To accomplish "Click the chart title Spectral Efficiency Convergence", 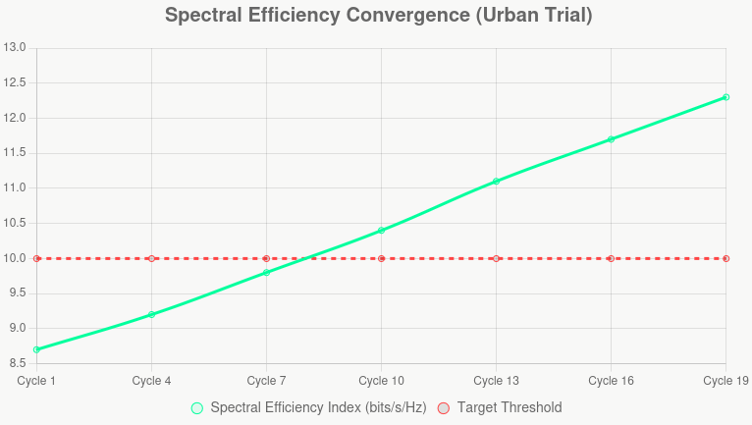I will [x=378, y=16].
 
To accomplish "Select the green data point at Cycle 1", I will [x=36, y=349].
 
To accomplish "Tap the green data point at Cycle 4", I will [x=151, y=314].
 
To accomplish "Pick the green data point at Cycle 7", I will [x=266, y=273].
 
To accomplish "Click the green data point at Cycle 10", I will [x=381, y=231].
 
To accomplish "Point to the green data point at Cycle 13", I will [x=496, y=182].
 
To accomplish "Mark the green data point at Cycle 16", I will [x=611, y=139].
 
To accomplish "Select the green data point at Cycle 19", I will [x=725, y=97].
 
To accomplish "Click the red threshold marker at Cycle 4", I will [x=151, y=258].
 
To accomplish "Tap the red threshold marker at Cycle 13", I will [x=496, y=258].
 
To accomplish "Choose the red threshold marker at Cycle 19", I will [x=725, y=258].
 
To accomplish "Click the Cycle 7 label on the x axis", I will [x=266, y=381].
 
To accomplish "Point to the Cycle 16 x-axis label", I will [x=611, y=381].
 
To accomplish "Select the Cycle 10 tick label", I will [x=381, y=381].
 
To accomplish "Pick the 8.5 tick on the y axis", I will [x=16, y=363].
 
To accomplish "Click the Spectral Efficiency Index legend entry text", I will [x=318, y=407].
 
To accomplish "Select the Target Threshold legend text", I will [x=510, y=407].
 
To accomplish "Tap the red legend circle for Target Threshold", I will [x=444, y=407].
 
